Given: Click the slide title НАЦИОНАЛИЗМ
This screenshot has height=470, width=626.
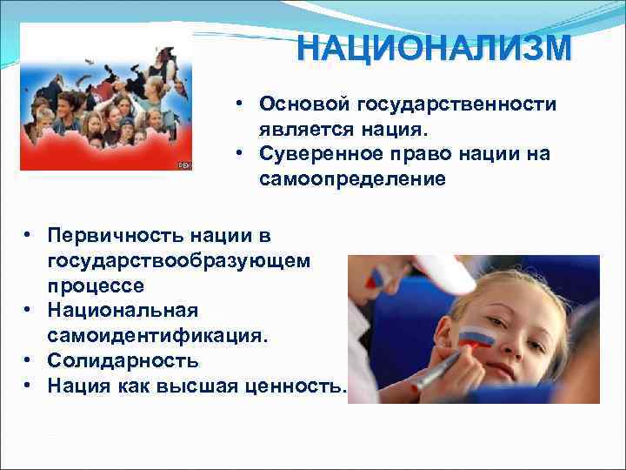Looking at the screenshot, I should pyautogui.click(x=434, y=48).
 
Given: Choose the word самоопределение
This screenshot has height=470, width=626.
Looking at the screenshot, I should pyautogui.click(x=351, y=179).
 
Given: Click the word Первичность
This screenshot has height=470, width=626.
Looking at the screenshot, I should pyautogui.click(x=106, y=235).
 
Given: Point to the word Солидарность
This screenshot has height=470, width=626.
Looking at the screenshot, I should pyautogui.click(x=123, y=360).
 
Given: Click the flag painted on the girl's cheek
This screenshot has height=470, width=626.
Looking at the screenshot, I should pyautogui.click(x=477, y=337).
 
